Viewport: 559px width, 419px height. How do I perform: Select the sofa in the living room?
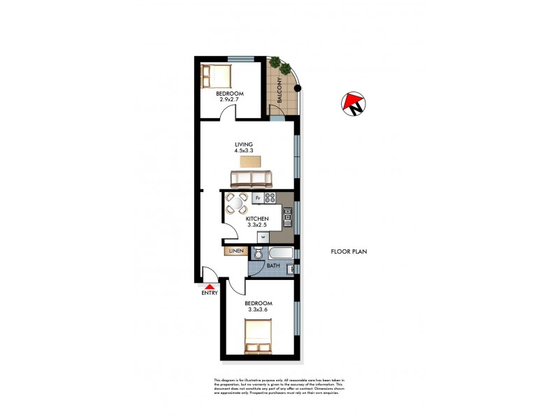[x=249, y=180]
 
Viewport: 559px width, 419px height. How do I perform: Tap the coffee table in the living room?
[x=249, y=161]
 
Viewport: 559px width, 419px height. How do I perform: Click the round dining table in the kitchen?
[x=236, y=204]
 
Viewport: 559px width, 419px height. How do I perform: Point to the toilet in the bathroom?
[x=259, y=253]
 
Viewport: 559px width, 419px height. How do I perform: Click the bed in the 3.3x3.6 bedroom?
[x=257, y=337]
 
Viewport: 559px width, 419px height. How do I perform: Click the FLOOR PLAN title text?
[x=349, y=251]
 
